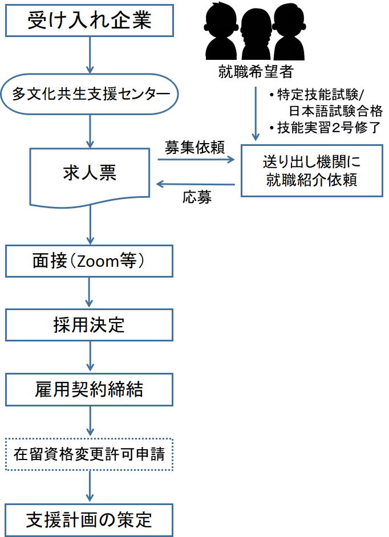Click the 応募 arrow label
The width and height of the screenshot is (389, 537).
tap(198, 198)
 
